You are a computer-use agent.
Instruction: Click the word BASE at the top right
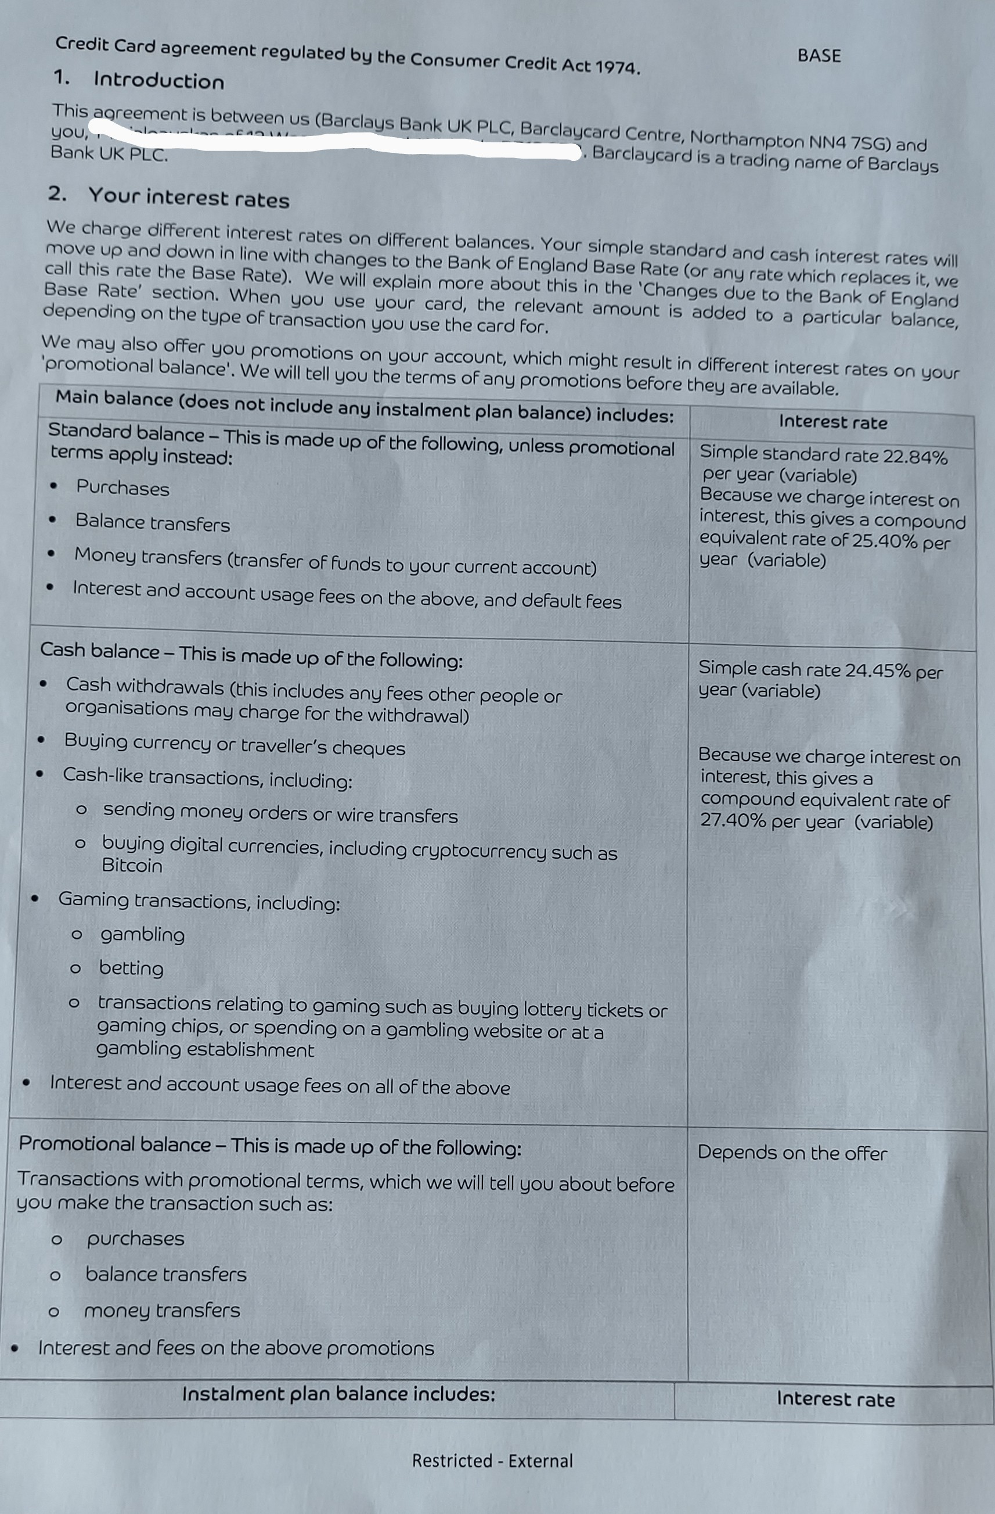tap(819, 56)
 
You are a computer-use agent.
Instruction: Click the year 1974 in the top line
tap(616, 67)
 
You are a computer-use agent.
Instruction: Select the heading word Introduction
tap(158, 81)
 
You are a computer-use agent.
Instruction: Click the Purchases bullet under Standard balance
tap(122, 488)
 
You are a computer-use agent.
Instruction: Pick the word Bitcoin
tap(132, 866)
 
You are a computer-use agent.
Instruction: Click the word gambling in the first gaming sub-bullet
tap(142, 934)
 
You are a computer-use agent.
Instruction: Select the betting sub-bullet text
tap(131, 968)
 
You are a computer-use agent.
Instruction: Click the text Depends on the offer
tap(792, 1153)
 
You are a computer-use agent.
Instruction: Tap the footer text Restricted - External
tap(492, 1461)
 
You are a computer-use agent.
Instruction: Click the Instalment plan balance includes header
tap(338, 1394)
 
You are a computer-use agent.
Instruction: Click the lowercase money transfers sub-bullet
tap(162, 1311)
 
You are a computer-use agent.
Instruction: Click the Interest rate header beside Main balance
tap(833, 422)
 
